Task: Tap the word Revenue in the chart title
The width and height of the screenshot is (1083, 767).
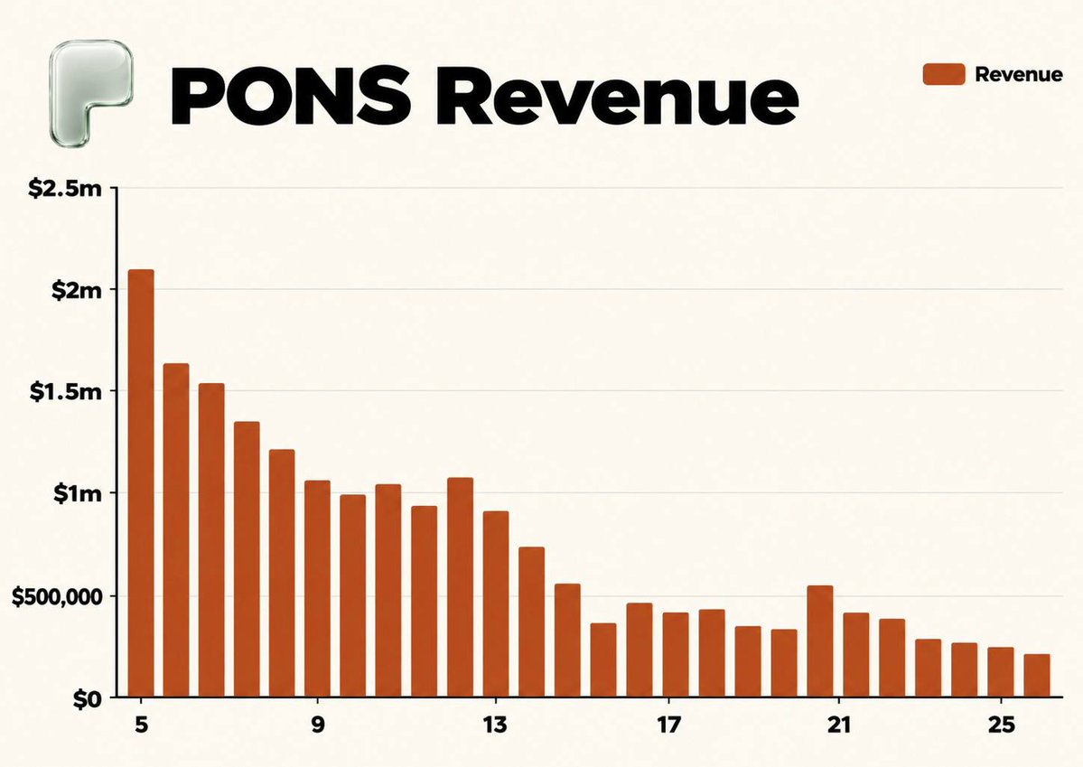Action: (617, 96)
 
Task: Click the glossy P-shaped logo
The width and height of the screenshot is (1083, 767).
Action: (90, 92)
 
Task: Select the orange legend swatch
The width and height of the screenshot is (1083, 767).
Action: (944, 74)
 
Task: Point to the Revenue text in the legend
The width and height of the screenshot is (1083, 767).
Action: (1019, 75)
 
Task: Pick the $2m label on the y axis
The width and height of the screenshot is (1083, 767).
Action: (77, 290)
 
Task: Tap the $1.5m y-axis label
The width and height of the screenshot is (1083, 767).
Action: (65, 392)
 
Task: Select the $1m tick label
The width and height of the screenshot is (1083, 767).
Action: (78, 494)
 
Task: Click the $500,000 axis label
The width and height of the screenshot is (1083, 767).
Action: (57, 597)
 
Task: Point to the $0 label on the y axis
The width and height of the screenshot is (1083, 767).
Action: (87, 699)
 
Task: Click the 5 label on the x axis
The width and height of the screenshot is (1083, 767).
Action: (142, 725)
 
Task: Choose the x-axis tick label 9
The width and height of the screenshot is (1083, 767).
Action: (318, 725)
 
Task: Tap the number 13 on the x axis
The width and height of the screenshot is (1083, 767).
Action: (495, 725)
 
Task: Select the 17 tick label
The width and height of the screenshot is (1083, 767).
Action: (668, 725)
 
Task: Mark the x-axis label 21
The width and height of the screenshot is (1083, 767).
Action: (838, 725)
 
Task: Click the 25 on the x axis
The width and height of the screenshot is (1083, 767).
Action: (1002, 725)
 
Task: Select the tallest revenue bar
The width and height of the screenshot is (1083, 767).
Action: (141, 483)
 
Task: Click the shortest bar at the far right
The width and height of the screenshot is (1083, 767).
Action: (1037, 675)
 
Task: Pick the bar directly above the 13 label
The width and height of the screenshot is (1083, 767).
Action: (495, 603)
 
